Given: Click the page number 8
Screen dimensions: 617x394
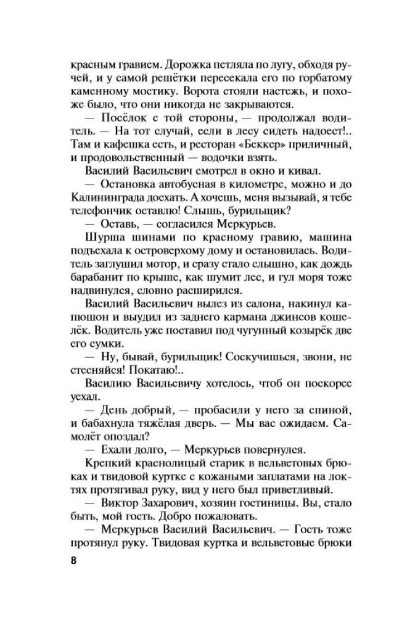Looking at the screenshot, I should [75, 561].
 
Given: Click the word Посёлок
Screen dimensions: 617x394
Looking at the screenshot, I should [120, 118].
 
